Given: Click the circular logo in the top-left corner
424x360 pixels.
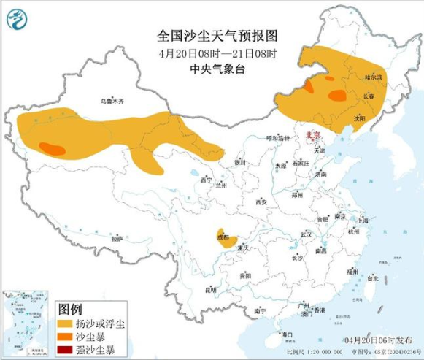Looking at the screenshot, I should [19, 20].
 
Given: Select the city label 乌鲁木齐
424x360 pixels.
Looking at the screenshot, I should [112, 101].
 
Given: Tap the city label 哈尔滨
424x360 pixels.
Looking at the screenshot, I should [373, 76].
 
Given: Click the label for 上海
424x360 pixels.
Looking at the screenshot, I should [361, 219].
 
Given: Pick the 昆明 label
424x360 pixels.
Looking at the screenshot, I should [211, 290].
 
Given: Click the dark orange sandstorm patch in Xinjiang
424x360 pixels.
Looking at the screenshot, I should [50, 148].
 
